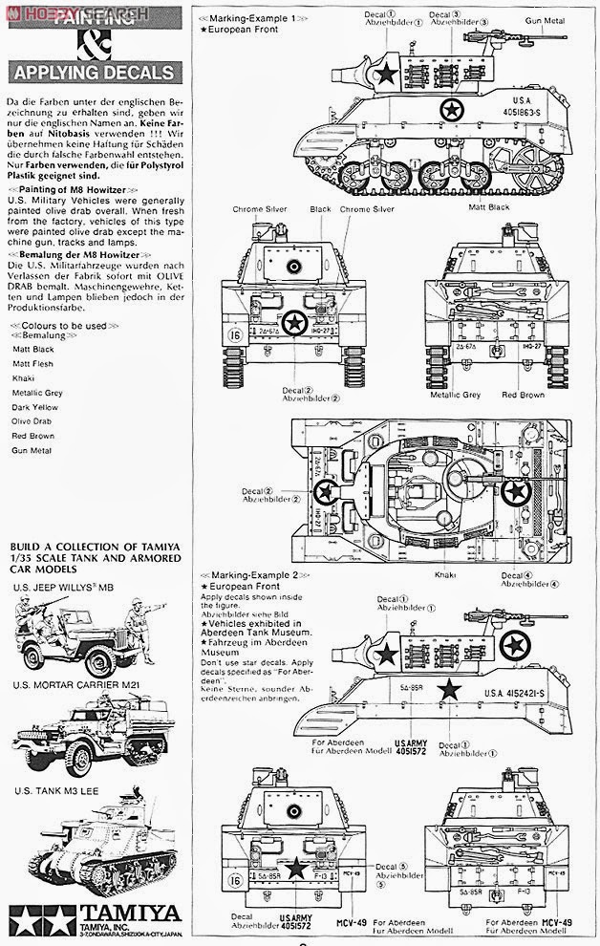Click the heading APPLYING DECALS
[x=91, y=73]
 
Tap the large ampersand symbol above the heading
[x=90, y=41]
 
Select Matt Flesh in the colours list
[x=32, y=362]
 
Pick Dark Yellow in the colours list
[x=35, y=405]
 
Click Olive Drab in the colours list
[x=32, y=419]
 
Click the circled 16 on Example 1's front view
[x=235, y=336]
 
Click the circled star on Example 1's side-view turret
[x=386, y=75]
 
